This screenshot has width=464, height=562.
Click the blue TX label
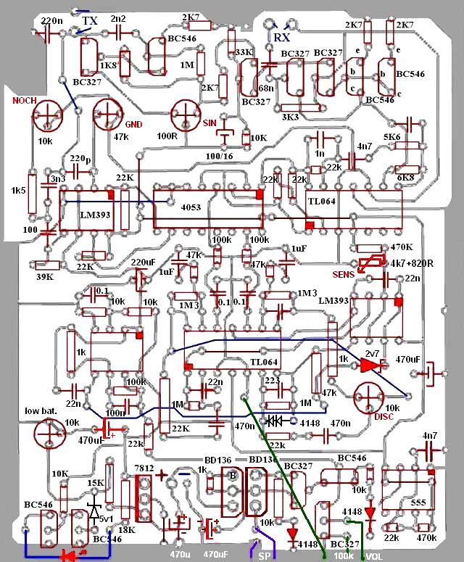click(x=90, y=21)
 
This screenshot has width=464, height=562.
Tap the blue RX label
click(x=281, y=37)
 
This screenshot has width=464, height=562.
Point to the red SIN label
click(x=210, y=123)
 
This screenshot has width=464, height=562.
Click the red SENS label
click(x=344, y=275)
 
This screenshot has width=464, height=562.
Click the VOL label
click(x=375, y=556)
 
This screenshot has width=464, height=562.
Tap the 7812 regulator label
click(x=142, y=471)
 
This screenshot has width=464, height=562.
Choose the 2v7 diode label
click(x=371, y=353)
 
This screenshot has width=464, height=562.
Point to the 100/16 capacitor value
click(x=219, y=156)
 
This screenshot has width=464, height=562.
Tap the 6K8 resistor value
click(x=407, y=178)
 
